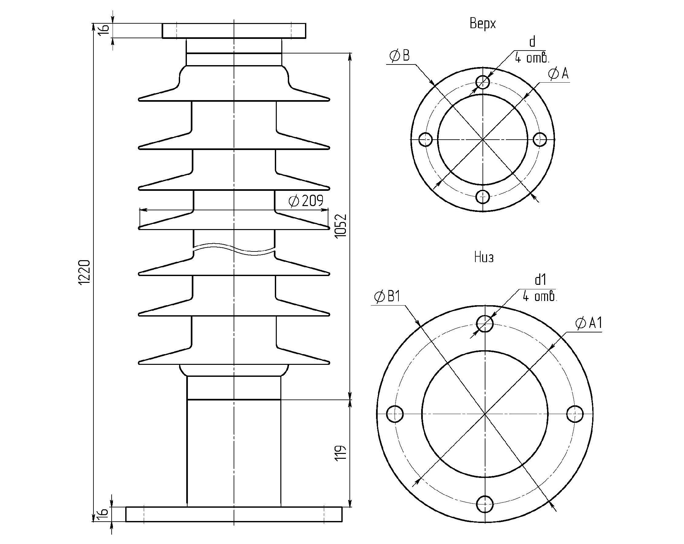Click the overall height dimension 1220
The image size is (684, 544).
(x=84, y=272)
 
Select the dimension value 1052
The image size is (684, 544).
(x=341, y=226)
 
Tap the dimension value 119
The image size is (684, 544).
(x=341, y=453)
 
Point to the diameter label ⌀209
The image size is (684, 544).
(x=306, y=201)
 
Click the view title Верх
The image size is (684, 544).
(x=482, y=24)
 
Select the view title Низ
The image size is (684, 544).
(x=484, y=258)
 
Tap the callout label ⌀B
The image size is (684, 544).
(x=399, y=56)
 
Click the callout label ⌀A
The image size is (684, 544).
(x=558, y=74)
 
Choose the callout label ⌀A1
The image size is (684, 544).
(x=589, y=323)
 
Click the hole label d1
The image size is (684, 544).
(x=540, y=280)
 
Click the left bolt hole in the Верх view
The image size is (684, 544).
(x=425, y=140)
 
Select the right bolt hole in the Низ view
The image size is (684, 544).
(x=575, y=414)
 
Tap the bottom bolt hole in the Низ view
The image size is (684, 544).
(x=485, y=504)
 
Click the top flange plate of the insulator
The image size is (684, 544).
(x=234, y=31)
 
